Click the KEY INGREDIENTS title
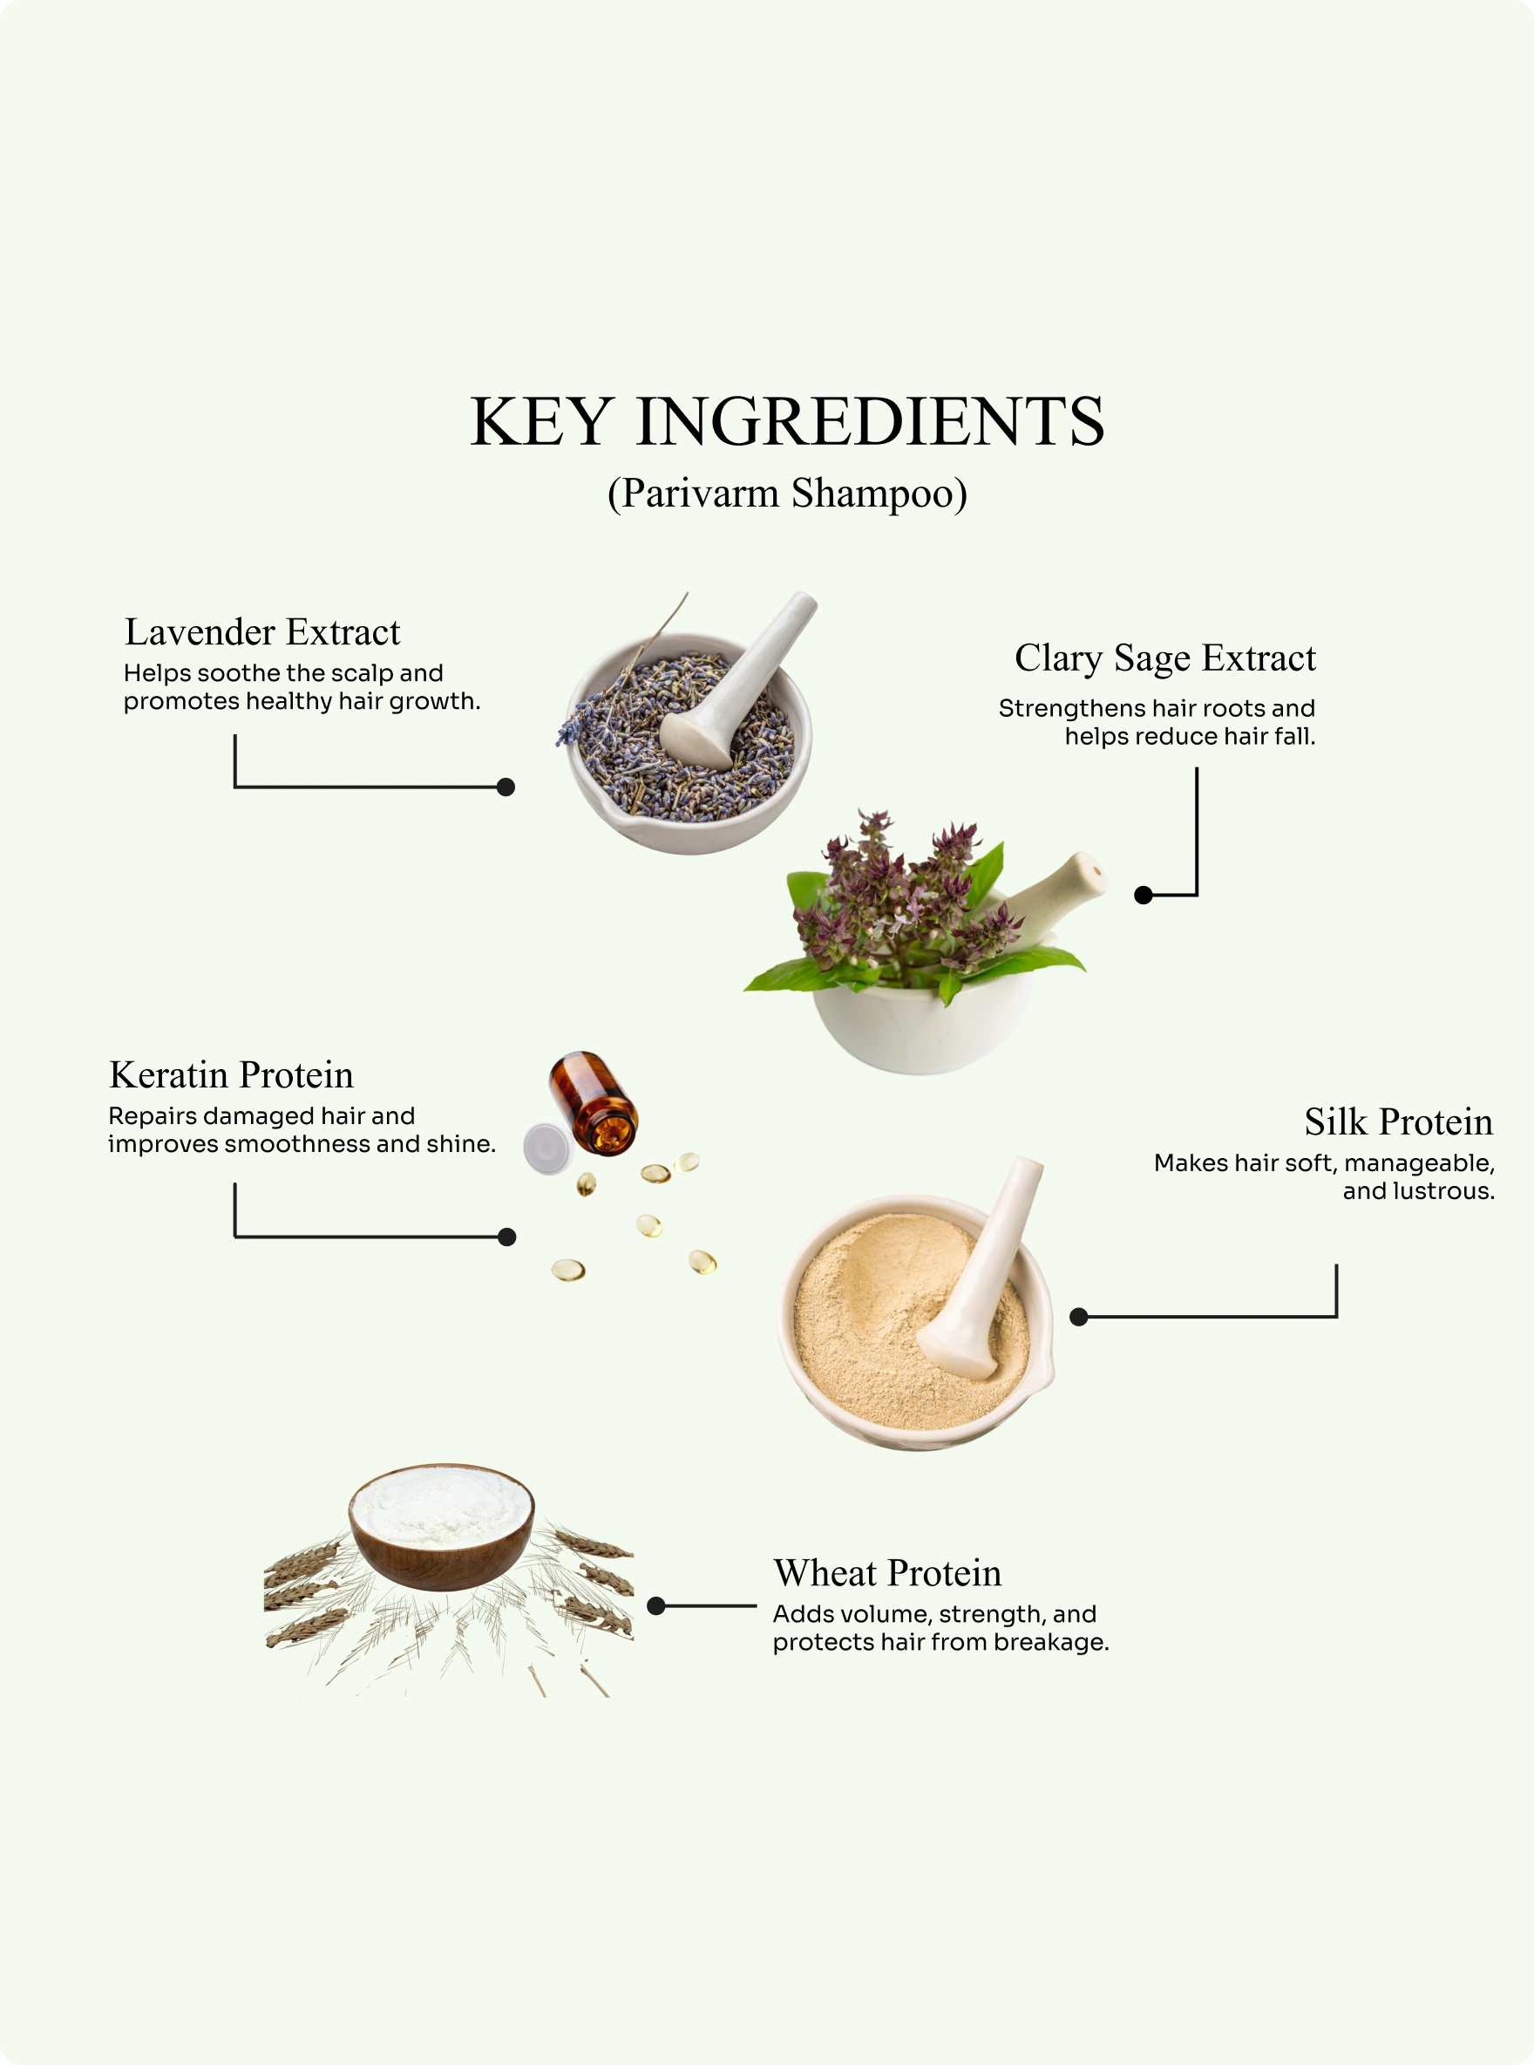787,422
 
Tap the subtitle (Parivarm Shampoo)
787,494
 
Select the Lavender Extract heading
263,631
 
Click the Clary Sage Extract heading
1165,658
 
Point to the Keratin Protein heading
231,1074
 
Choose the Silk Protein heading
1398,1122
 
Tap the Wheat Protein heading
887,1573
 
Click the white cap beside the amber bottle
547,1149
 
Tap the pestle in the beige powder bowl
981,1268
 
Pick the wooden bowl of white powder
441,1527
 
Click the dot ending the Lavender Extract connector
506,787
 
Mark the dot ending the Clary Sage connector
1144,896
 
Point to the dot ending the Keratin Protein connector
507,1237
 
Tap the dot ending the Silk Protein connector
1079,1317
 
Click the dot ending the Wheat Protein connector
656,1606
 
